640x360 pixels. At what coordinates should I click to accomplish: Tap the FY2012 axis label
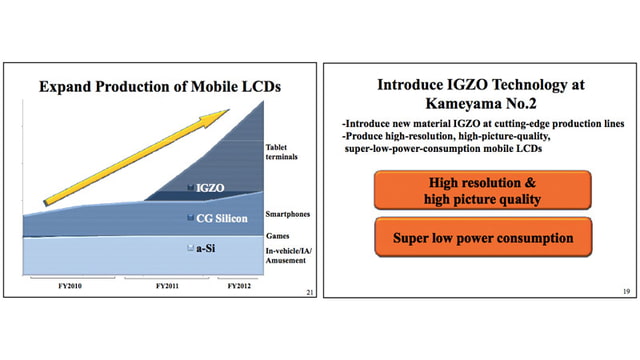[238, 286]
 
